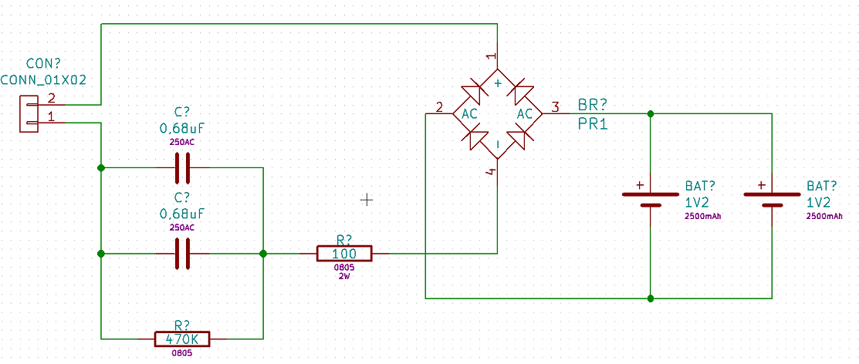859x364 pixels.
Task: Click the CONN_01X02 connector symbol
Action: [29, 113]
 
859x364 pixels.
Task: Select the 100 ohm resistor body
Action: [344, 254]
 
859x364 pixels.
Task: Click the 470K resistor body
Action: [182, 339]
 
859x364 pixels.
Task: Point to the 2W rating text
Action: [344, 275]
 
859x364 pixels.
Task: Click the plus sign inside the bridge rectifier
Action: [498, 83]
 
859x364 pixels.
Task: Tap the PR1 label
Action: [593, 124]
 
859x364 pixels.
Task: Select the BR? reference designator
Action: [593, 105]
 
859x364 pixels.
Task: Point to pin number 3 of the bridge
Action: [555, 106]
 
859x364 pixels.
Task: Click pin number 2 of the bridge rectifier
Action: [439, 106]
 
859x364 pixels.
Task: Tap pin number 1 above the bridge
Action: [492, 56]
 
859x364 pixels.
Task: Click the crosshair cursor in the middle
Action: [367, 200]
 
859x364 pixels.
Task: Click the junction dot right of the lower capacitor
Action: [263, 254]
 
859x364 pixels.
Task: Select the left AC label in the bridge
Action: [469, 114]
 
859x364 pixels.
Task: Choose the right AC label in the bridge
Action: [526, 114]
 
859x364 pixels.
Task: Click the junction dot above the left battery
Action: [651, 113]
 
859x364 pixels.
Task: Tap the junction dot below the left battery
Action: [651, 298]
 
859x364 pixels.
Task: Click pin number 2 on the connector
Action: [52, 99]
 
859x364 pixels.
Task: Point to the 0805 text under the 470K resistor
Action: [182, 354]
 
